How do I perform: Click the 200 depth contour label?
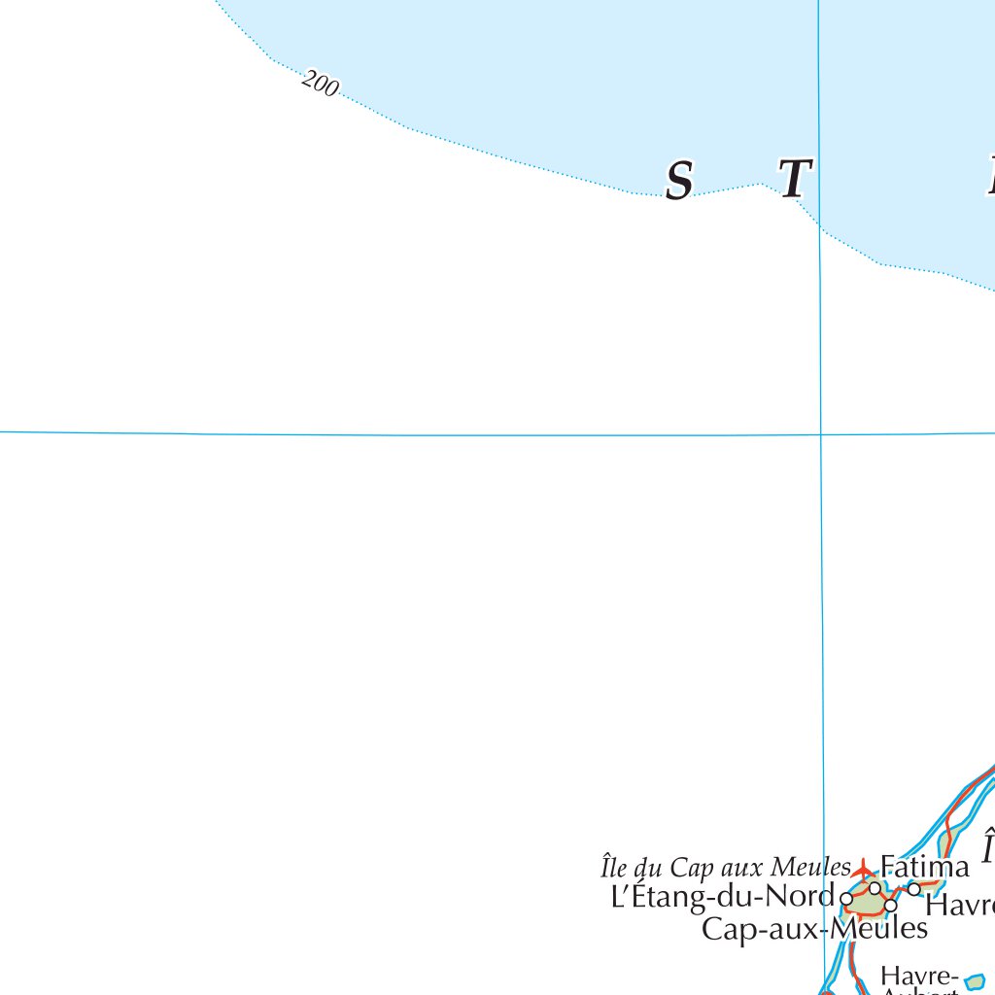click(x=320, y=85)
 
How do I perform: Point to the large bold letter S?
click(x=679, y=181)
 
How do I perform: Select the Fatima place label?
click(x=924, y=866)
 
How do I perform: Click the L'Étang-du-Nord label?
click(x=722, y=895)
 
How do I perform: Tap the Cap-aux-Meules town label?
click(x=814, y=929)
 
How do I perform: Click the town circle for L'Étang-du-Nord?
click(x=846, y=899)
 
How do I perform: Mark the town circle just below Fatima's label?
click(x=875, y=888)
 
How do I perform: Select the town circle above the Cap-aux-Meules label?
click(x=890, y=906)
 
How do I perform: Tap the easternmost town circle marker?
click(x=913, y=888)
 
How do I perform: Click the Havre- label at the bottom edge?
click(x=919, y=975)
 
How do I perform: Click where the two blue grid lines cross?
click(x=821, y=434)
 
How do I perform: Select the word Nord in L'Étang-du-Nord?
click(x=808, y=895)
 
